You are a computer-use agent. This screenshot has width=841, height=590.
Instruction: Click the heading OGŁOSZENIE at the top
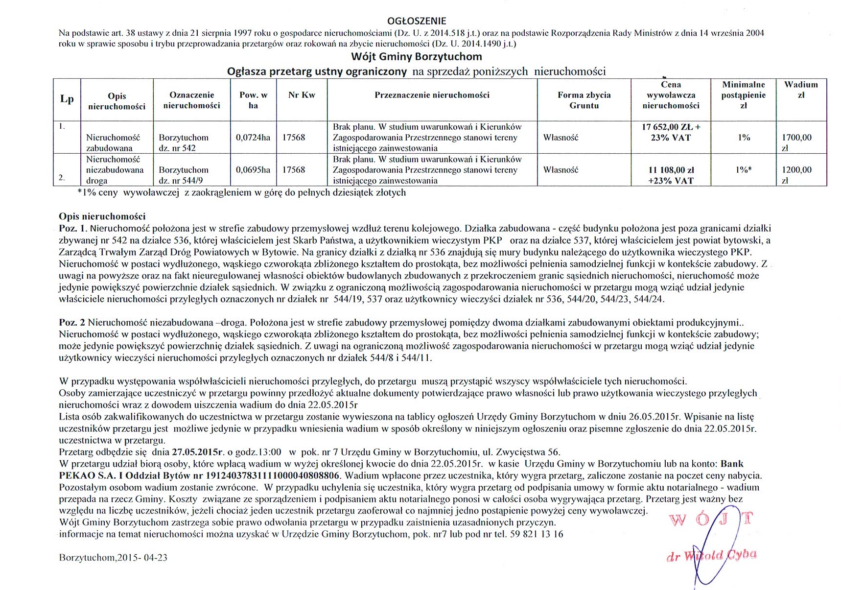[417, 21]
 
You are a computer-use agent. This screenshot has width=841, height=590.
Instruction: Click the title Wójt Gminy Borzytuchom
[416, 56]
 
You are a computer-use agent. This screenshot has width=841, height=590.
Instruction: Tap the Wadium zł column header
[801, 90]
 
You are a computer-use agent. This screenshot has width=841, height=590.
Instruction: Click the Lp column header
[67, 99]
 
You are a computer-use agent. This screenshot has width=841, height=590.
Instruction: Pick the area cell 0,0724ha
[253, 138]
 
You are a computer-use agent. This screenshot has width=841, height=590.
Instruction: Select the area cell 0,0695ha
[253, 170]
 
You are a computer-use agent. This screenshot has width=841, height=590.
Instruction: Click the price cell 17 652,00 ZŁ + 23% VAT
[671, 132]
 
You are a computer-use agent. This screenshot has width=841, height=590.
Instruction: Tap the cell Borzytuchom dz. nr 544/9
[184, 175]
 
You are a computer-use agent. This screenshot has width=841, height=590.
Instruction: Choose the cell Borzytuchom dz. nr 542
[184, 142]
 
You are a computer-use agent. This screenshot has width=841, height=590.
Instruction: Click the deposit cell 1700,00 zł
[797, 142]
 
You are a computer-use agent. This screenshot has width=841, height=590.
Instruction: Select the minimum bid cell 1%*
[744, 170]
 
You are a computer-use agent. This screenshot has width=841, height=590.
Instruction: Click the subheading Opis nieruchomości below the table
[102, 216]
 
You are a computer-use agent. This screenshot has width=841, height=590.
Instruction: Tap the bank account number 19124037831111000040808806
[272, 475]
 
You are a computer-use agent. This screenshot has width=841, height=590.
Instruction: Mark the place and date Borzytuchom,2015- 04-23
[113, 557]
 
